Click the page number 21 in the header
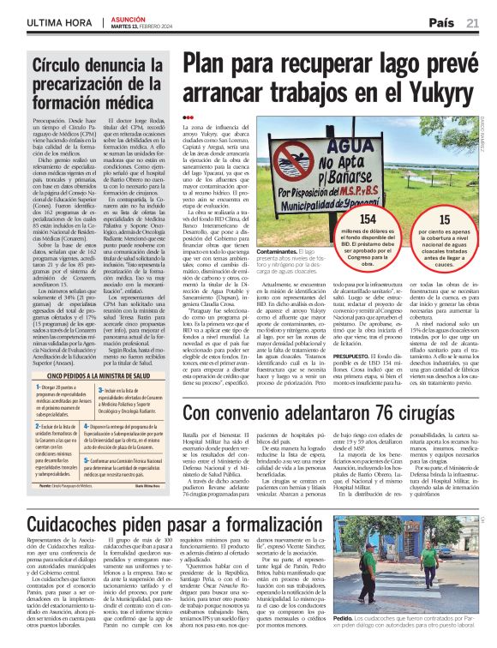473,22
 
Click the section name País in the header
441,22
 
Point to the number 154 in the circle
344,220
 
